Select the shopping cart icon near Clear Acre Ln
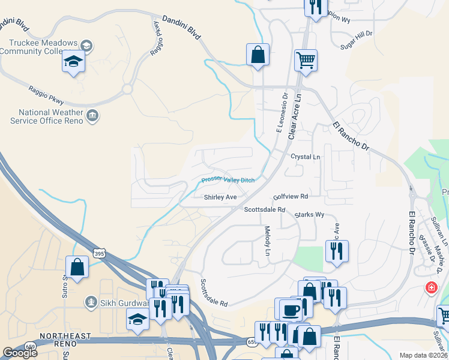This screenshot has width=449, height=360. pos(306,60)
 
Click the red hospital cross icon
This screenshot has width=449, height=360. pos(430,287)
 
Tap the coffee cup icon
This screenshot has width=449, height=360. pos(291,310)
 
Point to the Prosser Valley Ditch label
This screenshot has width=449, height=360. pos(228,179)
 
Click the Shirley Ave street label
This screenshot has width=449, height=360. pos(220,197)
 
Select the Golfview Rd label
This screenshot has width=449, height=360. pos(290,196)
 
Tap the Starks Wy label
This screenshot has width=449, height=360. pos(309,214)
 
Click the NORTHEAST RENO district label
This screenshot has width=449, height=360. pos(65,337)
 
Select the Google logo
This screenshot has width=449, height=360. pos(20,353)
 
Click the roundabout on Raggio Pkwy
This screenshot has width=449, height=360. pos(127,89)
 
